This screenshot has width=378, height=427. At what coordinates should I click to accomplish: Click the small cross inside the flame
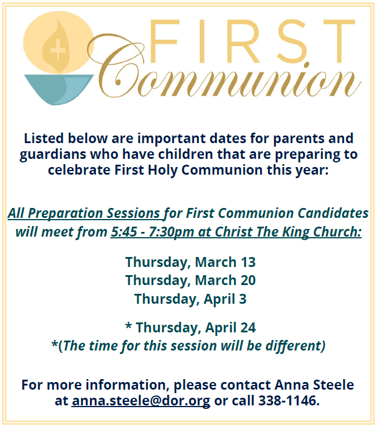click(x=57, y=50)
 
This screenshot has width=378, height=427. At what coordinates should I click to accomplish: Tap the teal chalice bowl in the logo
click(x=59, y=89)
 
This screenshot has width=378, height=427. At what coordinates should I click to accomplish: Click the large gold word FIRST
click(x=252, y=41)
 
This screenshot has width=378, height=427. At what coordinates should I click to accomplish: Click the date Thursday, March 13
click(x=190, y=262)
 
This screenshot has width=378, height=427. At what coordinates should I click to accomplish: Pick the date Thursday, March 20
click(x=190, y=280)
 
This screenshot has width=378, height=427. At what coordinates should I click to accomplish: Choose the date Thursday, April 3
click(x=190, y=298)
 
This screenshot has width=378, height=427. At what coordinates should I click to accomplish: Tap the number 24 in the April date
click(x=248, y=327)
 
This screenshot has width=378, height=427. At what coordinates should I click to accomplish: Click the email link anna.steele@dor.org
click(x=141, y=401)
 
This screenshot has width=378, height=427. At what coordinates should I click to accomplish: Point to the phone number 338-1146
click(x=289, y=400)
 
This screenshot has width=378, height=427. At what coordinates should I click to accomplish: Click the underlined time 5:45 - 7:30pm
click(x=152, y=232)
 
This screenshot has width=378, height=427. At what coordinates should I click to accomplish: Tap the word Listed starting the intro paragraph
click(x=44, y=138)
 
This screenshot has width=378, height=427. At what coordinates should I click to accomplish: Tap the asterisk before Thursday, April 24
click(x=129, y=326)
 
